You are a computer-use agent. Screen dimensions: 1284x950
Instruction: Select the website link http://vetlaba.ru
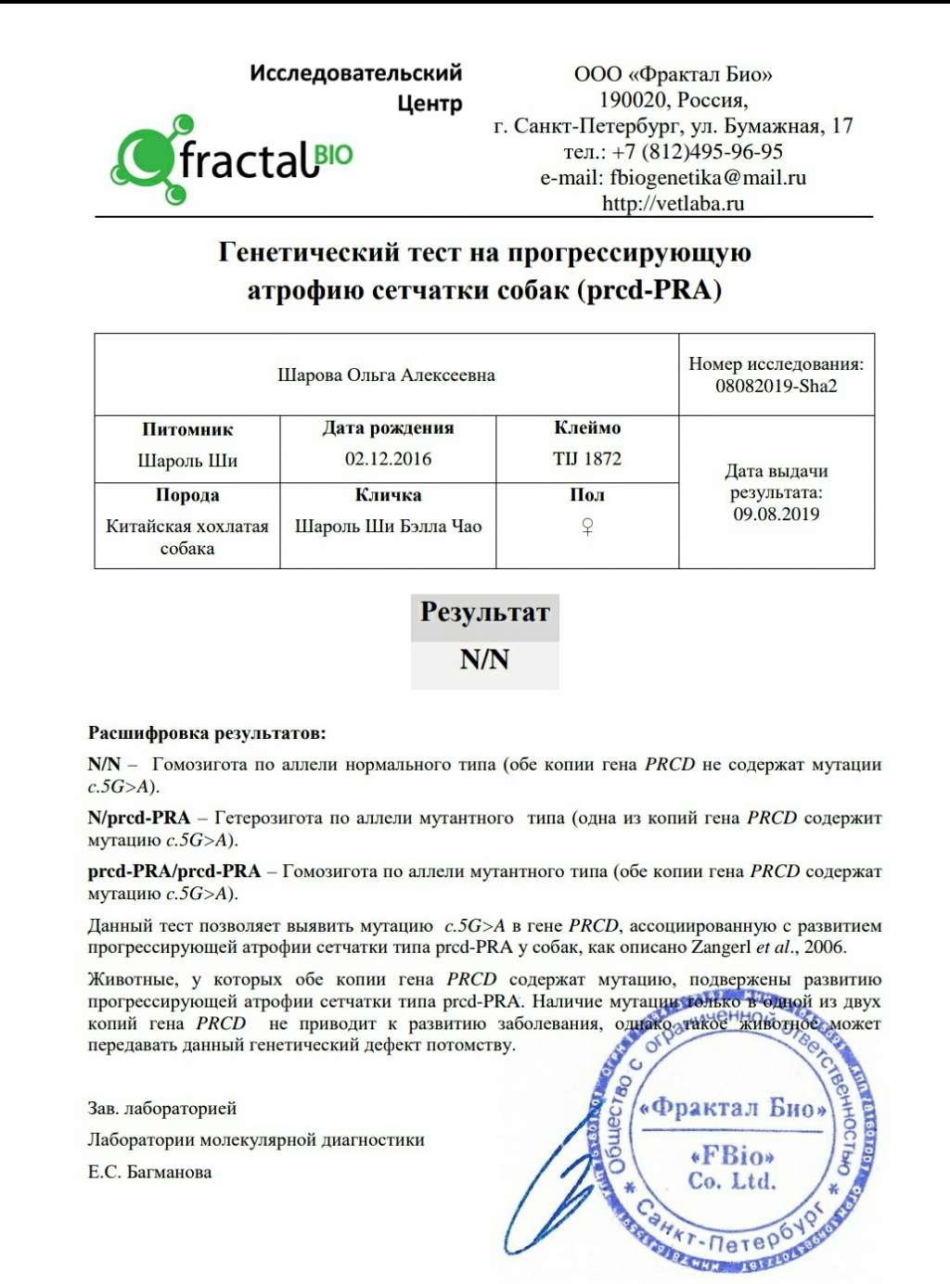[x=673, y=204]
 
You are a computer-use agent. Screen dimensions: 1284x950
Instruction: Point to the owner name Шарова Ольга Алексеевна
[x=386, y=375]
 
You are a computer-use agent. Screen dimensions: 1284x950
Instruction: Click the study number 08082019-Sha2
[x=776, y=387]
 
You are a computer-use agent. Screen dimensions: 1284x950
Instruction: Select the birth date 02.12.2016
[x=388, y=459]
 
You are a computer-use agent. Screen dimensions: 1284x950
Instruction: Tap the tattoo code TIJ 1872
[x=587, y=459]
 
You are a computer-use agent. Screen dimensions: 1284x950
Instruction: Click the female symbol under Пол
[x=587, y=527]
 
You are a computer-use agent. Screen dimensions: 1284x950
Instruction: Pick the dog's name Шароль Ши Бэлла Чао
[x=388, y=527]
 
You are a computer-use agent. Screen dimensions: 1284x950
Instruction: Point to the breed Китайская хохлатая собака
[x=187, y=537]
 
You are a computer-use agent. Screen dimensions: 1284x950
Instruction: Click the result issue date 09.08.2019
[x=776, y=515]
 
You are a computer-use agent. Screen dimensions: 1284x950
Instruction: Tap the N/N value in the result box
[x=484, y=660]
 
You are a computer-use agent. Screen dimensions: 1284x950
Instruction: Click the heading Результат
[x=484, y=613]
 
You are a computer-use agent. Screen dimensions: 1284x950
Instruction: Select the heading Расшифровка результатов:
[x=207, y=733]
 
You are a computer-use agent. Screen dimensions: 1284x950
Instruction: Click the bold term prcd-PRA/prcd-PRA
[x=174, y=871]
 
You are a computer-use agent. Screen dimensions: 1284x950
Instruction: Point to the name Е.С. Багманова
[x=149, y=1172]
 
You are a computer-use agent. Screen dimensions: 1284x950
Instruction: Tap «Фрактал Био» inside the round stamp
[x=733, y=1108]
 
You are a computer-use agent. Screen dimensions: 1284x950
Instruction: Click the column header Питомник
[x=187, y=429]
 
